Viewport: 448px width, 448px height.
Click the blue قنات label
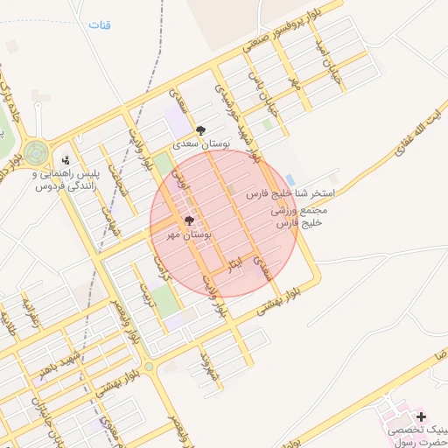100,24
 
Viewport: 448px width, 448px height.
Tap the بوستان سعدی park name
200,143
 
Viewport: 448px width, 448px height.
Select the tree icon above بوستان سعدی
201,129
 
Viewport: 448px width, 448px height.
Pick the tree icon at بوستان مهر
189,222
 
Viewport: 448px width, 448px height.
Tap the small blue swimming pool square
290,179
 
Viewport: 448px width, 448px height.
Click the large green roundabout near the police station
37,152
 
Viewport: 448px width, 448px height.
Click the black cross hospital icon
421,416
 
